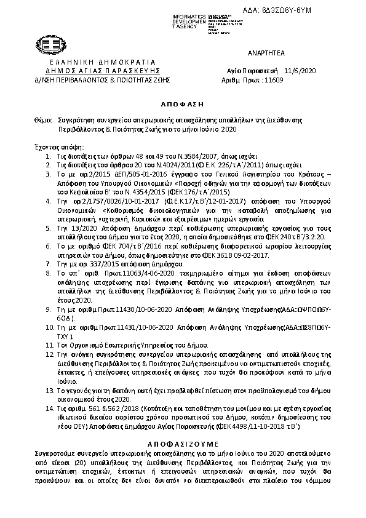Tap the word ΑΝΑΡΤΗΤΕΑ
pyautogui.click(x=268, y=55)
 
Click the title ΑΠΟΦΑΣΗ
pyautogui.click(x=182, y=105)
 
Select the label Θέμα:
pyautogui.click(x=40, y=120)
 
